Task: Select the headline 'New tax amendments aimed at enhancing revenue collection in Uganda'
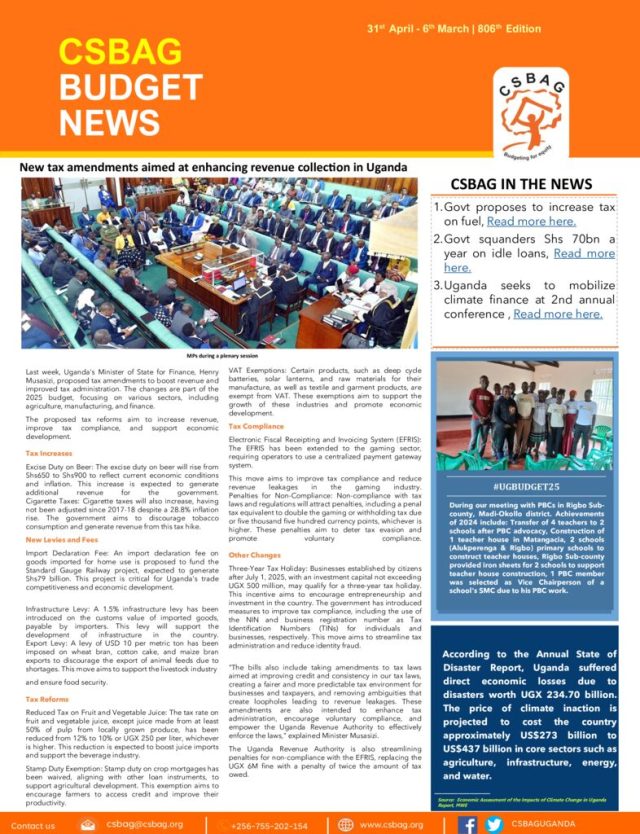click(214, 166)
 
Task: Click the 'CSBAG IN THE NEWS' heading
click(521, 184)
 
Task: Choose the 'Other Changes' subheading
click(254, 553)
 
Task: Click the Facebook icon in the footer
click(467, 824)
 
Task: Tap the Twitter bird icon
click(493, 824)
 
